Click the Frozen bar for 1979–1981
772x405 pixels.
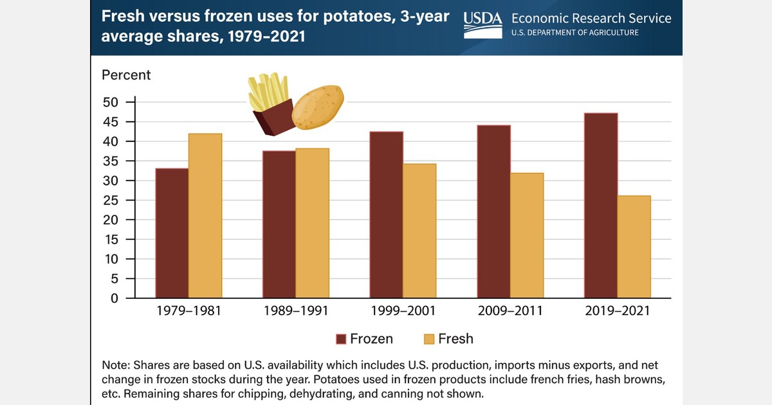click(x=172, y=233)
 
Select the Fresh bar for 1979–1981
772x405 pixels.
click(x=205, y=216)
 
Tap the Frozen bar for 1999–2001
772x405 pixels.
click(x=386, y=215)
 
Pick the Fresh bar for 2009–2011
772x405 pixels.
click(x=527, y=235)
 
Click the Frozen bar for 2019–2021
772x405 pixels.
click(x=601, y=206)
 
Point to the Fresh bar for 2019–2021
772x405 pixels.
click(x=634, y=247)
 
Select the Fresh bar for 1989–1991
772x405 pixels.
click(x=312, y=223)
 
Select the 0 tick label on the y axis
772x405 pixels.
click(x=115, y=299)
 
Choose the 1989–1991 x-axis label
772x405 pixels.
click(x=296, y=311)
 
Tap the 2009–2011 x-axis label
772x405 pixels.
click(x=510, y=311)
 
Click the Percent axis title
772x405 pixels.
click(x=126, y=75)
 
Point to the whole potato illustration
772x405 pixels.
click(x=318, y=106)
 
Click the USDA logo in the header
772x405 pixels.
click(x=483, y=24)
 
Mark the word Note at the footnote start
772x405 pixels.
click(x=116, y=365)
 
